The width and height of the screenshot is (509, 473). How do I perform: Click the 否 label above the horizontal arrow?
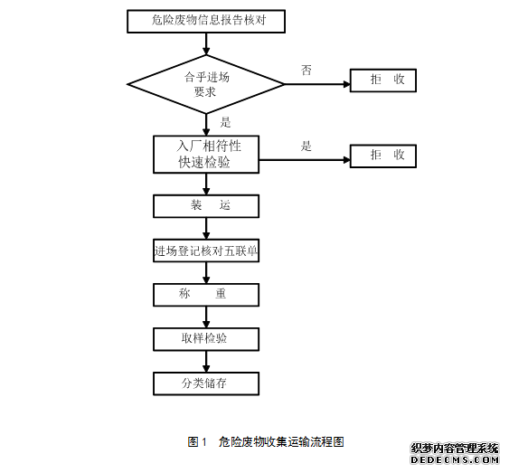pos(306,71)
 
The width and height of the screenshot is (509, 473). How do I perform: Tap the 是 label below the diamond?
pos(225,122)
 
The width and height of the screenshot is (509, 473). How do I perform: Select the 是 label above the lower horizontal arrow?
pos(306,147)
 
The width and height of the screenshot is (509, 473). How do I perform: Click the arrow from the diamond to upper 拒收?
pos(317,84)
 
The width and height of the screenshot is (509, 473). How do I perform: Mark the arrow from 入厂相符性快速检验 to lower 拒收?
pos(305,160)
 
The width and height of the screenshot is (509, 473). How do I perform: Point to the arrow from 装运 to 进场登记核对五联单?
pos(206,229)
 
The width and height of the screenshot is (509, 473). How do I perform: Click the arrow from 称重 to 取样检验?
pos(206,317)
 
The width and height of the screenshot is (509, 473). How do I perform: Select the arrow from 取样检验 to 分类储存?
pos(206,362)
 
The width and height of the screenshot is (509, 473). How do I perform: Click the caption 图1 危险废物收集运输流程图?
pos(266,442)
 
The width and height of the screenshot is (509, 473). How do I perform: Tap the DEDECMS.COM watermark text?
pos(455,459)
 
